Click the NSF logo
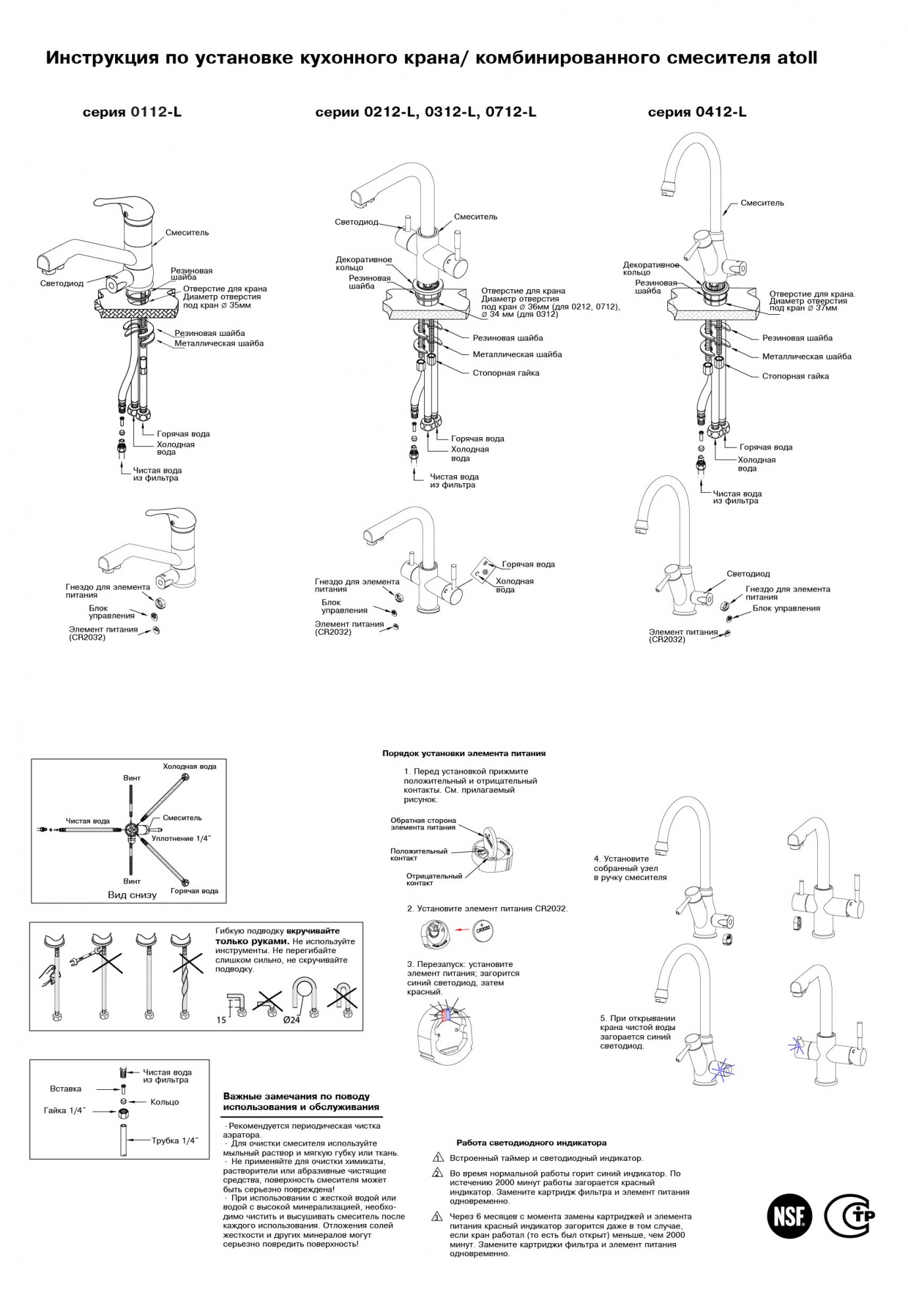pos(790,1215)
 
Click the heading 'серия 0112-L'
pos(132,112)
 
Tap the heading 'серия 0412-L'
pos(697,112)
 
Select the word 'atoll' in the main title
pos(797,58)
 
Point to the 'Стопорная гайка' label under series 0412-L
pos(795,377)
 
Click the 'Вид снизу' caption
pos(132,895)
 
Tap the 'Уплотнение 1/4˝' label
pos(182,839)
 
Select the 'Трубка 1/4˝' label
pos(175,1140)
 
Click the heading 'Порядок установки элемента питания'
pos(464,753)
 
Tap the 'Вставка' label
pos(66,1089)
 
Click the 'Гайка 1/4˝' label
pos(65,1111)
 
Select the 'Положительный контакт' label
pos(418,855)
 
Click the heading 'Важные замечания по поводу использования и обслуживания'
pos(301,1102)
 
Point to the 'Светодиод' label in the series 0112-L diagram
pos(62,284)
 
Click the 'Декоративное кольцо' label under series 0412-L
pos(650,268)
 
